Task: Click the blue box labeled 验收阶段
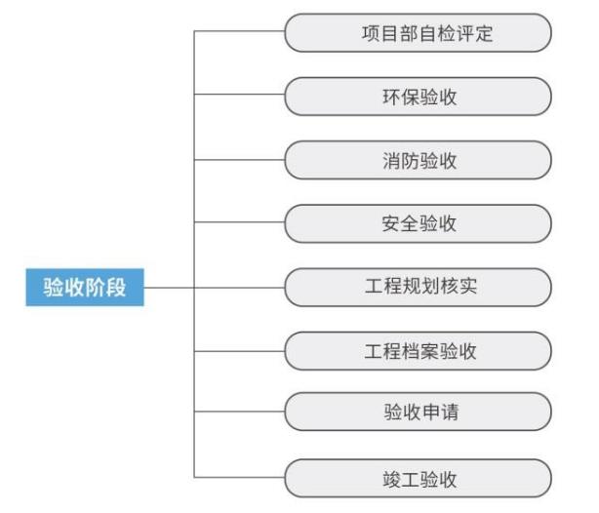pos(85,288)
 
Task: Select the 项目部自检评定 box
pos(419,33)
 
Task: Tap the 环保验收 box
pos(419,97)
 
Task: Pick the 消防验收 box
pos(419,160)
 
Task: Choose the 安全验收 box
pos(419,223)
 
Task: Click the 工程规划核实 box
pos(419,288)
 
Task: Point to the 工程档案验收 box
pos(419,351)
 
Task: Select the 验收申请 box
pos(419,412)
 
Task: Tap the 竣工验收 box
pos(419,479)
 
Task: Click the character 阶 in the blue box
pos(95,288)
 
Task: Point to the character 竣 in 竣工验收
pos(392,480)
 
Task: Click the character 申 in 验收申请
pos(430,413)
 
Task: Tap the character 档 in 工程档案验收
pos(411,351)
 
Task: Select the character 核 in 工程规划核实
pos(449,286)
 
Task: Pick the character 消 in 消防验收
pos(392,160)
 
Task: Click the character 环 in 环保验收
pos(392,97)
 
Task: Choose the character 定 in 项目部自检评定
pos(484,33)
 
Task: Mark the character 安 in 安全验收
pos(391,224)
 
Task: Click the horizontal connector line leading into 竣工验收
pos(240,478)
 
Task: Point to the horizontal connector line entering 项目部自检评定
pos(240,31)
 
